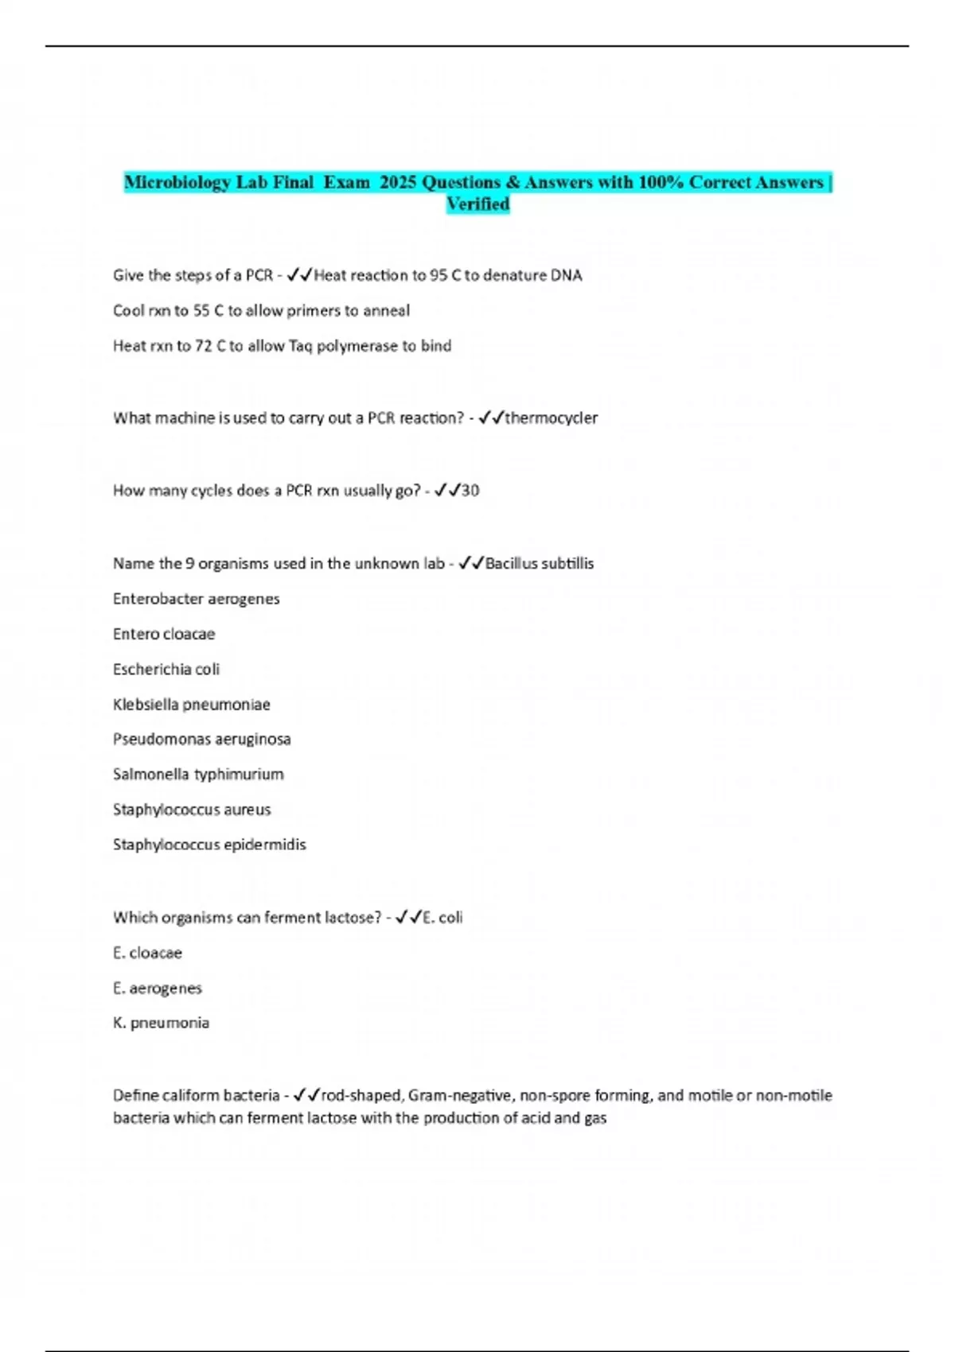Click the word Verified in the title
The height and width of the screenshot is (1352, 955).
click(477, 204)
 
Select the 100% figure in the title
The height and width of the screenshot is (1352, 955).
click(661, 182)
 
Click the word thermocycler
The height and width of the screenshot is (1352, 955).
click(551, 418)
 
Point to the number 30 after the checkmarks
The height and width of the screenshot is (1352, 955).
click(470, 491)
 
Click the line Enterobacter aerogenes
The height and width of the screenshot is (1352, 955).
click(196, 599)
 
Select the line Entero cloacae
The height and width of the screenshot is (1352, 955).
click(164, 634)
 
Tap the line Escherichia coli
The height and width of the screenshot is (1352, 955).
click(166, 670)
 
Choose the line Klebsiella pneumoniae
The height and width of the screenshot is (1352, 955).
click(191, 705)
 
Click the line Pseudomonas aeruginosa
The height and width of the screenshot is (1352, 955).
click(201, 739)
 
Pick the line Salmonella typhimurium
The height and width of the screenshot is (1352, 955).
click(198, 774)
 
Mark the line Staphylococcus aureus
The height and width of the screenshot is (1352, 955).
click(192, 810)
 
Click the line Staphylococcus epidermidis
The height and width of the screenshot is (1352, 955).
click(209, 845)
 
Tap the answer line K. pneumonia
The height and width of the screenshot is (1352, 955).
click(161, 1023)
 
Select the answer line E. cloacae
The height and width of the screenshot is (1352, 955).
click(147, 953)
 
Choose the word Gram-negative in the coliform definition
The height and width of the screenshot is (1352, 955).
click(462, 1096)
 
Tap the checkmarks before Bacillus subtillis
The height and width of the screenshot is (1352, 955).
click(471, 563)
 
